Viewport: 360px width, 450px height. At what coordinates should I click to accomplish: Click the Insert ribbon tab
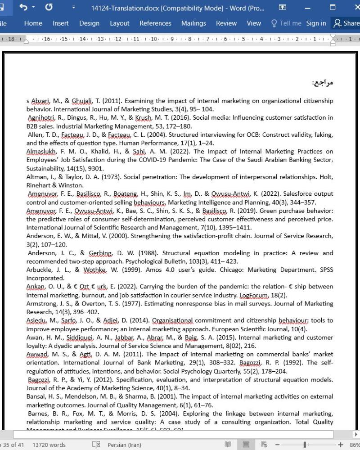coord(60,23)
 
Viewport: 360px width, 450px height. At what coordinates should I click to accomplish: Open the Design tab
coord(89,23)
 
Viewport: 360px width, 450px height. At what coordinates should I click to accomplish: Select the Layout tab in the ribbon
coord(119,23)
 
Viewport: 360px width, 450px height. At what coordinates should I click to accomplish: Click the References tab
coord(155,23)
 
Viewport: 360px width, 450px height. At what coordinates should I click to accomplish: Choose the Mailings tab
coord(193,23)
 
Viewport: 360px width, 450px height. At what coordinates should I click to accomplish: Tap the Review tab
coord(226,23)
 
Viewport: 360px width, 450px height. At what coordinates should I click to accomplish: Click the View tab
coord(254,23)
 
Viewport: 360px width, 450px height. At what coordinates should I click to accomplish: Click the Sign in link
coord(316,23)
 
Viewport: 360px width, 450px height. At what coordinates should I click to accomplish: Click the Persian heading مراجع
coord(322,83)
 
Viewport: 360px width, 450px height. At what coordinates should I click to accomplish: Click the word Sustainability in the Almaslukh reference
coord(46,168)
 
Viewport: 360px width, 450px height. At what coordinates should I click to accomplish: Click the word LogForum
coord(251,295)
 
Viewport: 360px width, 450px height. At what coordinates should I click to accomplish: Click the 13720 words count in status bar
coord(49,445)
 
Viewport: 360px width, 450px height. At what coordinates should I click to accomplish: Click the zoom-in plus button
coord(340,445)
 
